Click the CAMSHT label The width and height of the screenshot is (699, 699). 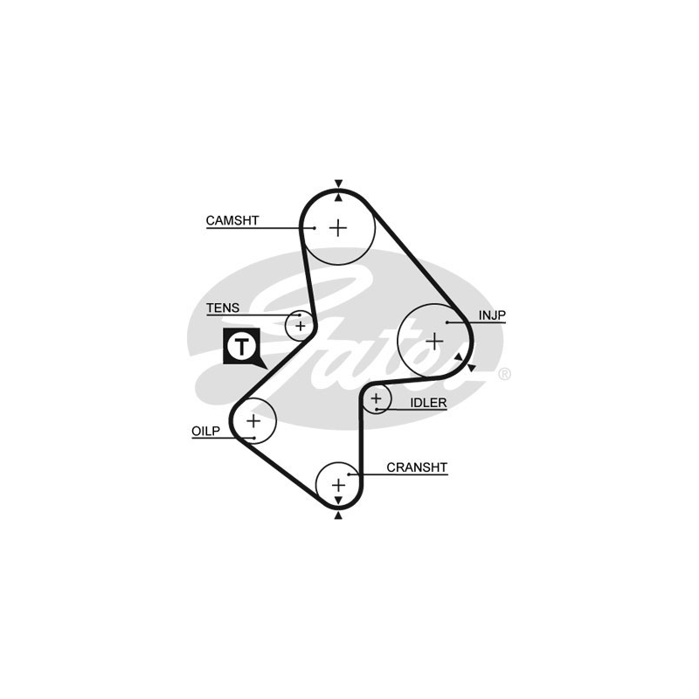[x=232, y=221]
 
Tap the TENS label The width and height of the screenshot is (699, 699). [x=223, y=308]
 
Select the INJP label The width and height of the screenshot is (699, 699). [x=492, y=315]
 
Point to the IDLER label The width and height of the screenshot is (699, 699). [x=428, y=403]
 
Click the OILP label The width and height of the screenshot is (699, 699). [x=206, y=431]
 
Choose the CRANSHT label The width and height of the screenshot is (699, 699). [x=417, y=467]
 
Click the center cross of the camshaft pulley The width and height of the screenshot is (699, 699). [x=338, y=228]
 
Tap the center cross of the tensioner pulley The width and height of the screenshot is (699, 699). [x=301, y=326]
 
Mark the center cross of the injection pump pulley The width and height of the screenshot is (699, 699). [x=434, y=342]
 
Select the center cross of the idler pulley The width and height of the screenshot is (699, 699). [x=377, y=398]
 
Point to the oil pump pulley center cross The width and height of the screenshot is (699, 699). [x=253, y=421]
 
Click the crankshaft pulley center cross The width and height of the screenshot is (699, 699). [x=339, y=485]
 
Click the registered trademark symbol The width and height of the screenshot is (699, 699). [x=504, y=374]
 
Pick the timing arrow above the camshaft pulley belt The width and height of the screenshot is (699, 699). [x=339, y=183]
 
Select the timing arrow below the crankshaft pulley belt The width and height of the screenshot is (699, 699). [x=338, y=516]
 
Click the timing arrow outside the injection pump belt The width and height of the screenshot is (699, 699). [x=472, y=368]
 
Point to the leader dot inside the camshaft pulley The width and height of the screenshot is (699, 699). [x=315, y=228]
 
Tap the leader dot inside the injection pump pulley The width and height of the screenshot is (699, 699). [x=446, y=322]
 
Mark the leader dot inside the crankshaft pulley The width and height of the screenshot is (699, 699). [x=349, y=474]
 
